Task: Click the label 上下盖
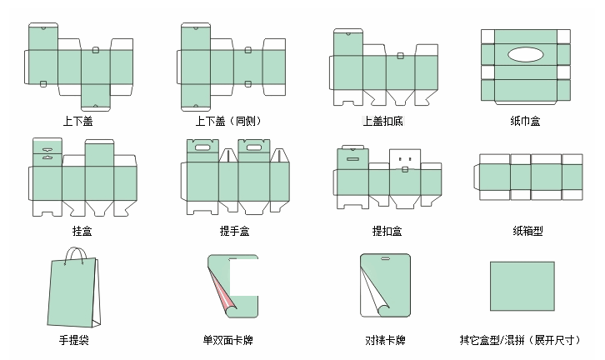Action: (x=77, y=121)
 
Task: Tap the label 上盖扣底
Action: (x=382, y=121)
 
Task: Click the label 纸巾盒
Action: (x=525, y=121)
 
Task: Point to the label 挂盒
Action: (x=82, y=230)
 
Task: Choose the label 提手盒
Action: (x=233, y=230)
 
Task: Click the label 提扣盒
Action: (x=387, y=230)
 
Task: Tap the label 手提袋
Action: (x=75, y=340)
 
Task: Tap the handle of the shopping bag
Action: (x=77, y=254)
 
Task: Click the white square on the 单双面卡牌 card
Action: (x=243, y=279)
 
